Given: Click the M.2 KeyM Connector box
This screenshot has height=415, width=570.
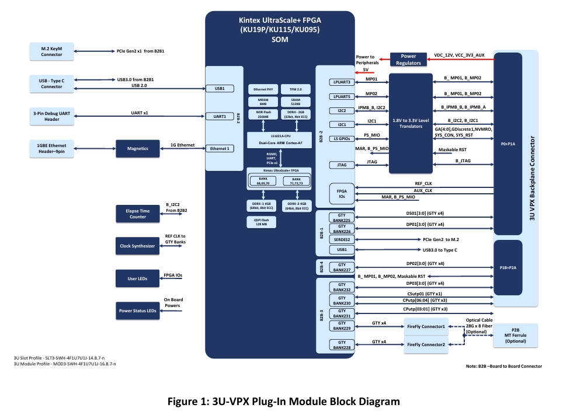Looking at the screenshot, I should [51, 51].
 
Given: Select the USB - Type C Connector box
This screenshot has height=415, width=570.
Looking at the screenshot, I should [51, 83].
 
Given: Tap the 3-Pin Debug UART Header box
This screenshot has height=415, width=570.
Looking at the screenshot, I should [51, 116].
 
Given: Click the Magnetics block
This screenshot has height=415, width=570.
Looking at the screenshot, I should [138, 148].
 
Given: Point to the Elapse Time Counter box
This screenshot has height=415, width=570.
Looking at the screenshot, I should [138, 214].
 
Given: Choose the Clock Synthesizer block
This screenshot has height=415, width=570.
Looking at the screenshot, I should [138, 246].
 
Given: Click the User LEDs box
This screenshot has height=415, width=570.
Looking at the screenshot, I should [138, 279].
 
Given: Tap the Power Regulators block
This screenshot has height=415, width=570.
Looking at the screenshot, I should [408, 59].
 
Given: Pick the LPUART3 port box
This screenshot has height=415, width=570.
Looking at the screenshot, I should [342, 82].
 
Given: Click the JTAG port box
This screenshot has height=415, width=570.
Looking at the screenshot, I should [342, 165].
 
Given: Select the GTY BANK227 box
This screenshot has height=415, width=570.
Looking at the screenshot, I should [342, 267].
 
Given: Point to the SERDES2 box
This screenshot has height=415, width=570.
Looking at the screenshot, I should [342, 239].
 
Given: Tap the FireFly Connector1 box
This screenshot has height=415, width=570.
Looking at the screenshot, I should [426, 327].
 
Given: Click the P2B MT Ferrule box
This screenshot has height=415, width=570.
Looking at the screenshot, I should [515, 335].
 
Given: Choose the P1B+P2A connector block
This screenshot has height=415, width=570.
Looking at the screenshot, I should [508, 267].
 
